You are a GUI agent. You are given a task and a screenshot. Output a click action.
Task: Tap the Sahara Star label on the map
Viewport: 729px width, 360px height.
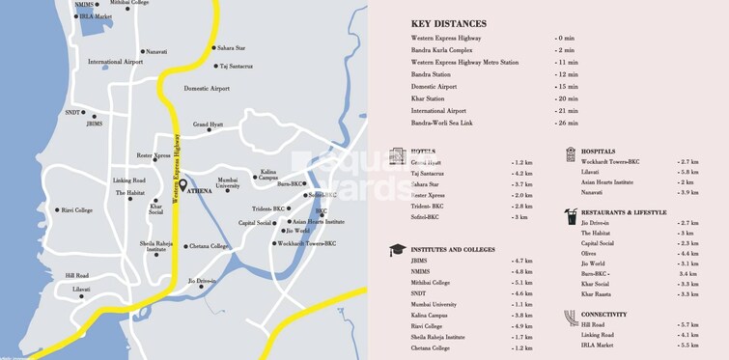pyautogui.click(x=231, y=47)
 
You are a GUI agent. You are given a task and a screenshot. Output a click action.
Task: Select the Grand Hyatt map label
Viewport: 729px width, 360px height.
pyautogui.click(x=208, y=125)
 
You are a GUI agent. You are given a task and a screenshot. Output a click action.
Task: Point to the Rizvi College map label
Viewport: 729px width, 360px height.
pyautogui.click(x=76, y=209)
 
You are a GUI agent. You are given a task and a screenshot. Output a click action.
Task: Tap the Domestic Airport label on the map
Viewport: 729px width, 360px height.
pyautogui.click(x=207, y=88)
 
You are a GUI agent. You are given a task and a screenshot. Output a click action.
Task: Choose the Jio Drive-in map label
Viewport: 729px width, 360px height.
pyautogui.click(x=203, y=281)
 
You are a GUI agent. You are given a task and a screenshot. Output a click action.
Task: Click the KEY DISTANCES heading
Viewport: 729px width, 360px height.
pyautogui.click(x=448, y=23)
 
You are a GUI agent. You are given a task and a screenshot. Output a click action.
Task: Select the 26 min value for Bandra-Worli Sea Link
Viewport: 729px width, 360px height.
pyautogui.click(x=566, y=124)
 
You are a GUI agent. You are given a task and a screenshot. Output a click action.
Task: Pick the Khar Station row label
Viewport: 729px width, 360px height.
pyautogui.click(x=429, y=98)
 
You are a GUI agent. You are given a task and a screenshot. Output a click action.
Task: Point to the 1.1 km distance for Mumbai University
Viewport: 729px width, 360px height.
pyautogui.click(x=523, y=304)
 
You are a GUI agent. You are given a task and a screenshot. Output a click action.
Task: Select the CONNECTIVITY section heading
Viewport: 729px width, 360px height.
pyautogui.click(x=604, y=315)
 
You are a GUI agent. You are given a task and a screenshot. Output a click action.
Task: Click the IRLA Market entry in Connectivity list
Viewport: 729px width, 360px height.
pyautogui.click(x=598, y=345)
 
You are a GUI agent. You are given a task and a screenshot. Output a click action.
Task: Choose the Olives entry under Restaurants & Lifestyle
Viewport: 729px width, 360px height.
pyautogui.click(x=590, y=253)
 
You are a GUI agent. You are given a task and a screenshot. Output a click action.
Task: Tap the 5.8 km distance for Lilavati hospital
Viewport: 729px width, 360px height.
pyautogui.click(x=687, y=172)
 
